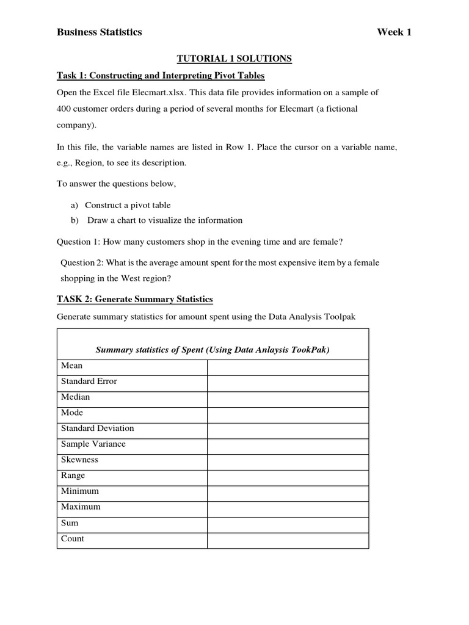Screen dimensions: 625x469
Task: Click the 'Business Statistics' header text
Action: [x=99, y=32]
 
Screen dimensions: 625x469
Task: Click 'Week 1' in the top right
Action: [x=394, y=32]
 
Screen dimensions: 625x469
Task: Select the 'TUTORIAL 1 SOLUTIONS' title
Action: [x=234, y=59]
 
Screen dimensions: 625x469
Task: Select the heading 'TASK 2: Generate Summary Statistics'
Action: [x=134, y=299]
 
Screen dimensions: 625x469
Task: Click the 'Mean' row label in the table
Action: [x=71, y=366]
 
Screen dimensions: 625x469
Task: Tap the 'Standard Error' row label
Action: [x=89, y=381]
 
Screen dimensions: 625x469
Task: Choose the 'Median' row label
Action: [x=75, y=397]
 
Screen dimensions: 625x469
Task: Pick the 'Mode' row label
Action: [x=73, y=413]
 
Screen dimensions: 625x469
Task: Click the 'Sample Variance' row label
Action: [x=93, y=444]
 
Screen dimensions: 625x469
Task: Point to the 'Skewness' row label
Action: [x=79, y=460]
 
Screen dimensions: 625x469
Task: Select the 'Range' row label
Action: [x=73, y=475]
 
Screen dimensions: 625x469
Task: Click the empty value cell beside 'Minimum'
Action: [x=288, y=492]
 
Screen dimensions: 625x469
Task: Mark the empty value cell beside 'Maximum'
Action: [x=288, y=508]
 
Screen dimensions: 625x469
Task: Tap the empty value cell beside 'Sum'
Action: [x=288, y=524]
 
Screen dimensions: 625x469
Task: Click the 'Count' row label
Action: [x=73, y=539]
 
